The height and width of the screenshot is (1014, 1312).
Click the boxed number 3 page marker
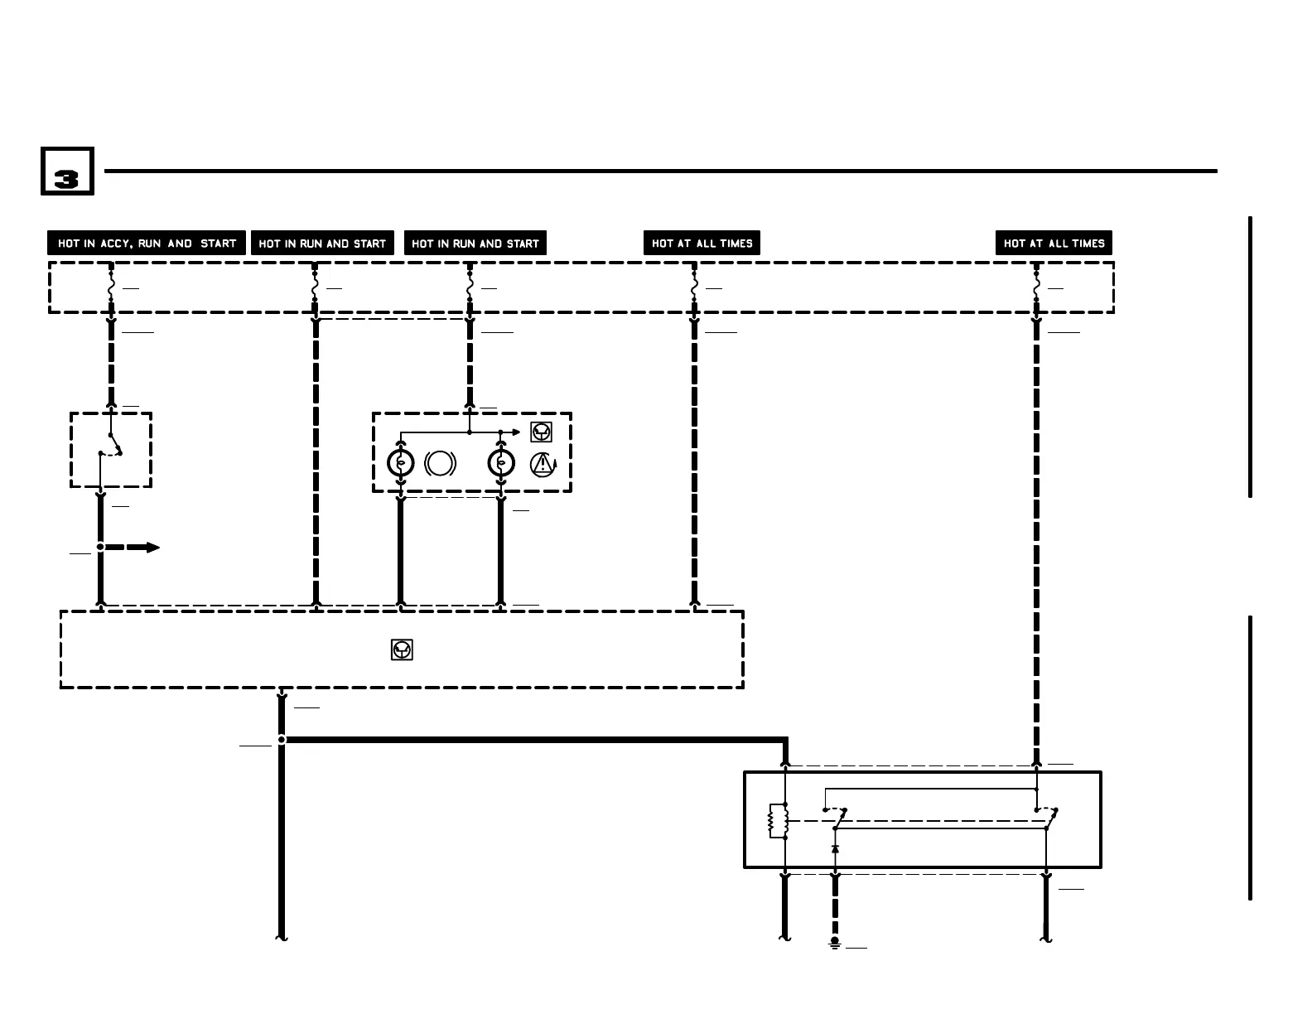coord(67,171)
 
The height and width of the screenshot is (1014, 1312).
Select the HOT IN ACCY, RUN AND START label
coord(147,243)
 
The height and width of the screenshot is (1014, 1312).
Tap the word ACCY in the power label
coord(118,243)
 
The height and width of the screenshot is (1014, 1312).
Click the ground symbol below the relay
coord(835,944)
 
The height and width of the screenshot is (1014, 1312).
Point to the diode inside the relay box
coord(835,849)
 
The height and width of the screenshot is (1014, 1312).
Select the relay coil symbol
coord(778,820)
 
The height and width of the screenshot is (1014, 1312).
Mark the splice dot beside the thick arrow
coord(100,547)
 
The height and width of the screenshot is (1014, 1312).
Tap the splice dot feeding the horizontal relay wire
coord(282,739)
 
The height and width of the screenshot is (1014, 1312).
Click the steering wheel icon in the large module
coord(402,650)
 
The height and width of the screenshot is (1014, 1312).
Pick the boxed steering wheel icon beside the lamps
coord(541,432)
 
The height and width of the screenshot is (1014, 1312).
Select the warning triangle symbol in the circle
coord(542,464)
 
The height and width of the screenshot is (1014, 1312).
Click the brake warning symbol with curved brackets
coord(440,463)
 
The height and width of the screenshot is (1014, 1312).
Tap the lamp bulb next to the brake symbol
coord(401,463)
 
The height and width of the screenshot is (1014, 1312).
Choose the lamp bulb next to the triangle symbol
coord(501,463)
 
